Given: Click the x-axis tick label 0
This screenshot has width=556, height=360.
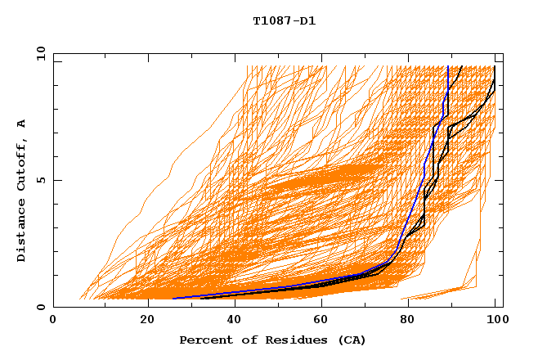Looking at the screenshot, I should (x=53, y=321).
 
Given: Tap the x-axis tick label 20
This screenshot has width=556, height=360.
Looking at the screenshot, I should (x=141, y=321).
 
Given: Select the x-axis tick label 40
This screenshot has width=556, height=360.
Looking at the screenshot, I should (x=230, y=321).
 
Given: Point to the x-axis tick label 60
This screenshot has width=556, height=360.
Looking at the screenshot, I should (x=318, y=321).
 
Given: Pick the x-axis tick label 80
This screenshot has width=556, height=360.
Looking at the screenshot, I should (x=406, y=321).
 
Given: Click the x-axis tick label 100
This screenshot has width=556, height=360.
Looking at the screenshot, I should (x=495, y=321).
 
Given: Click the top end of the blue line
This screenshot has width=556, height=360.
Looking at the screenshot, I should (x=448, y=65).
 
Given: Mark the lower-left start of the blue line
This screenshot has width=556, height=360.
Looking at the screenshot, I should (x=173, y=299).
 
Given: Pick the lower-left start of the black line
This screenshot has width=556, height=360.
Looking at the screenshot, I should (x=201, y=299).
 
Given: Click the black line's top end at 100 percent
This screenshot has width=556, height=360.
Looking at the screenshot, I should (x=495, y=65).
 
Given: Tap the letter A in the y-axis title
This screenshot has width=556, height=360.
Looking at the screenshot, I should (x=22, y=124).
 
